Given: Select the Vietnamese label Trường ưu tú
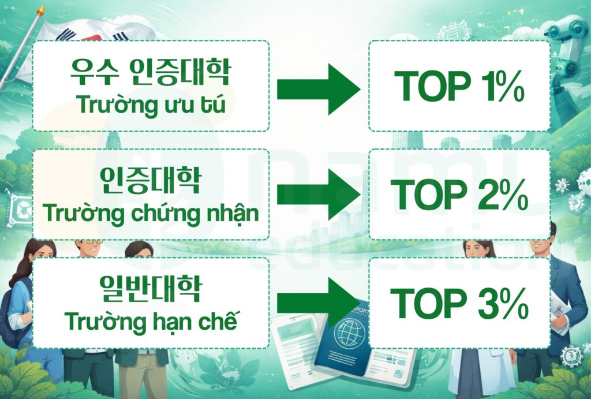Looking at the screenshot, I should (150, 106).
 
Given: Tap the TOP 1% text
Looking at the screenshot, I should (459, 87).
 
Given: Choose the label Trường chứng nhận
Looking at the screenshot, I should (151, 214).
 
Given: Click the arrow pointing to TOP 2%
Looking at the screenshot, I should (318, 195).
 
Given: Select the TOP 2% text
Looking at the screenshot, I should (459, 195).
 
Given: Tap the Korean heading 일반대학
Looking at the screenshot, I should (150, 288).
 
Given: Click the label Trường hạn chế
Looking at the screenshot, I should (151, 321).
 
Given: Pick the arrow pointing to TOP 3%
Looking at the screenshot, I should (318, 303).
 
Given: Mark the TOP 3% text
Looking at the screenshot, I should (459, 304).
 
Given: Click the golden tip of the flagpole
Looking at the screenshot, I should (40, 10).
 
